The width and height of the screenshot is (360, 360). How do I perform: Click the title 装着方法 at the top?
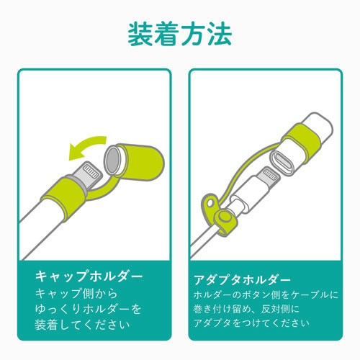pyautogui.click(x=180, y=33)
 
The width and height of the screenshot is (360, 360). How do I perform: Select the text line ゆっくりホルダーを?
pyautogui.click(x=89, y=310)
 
